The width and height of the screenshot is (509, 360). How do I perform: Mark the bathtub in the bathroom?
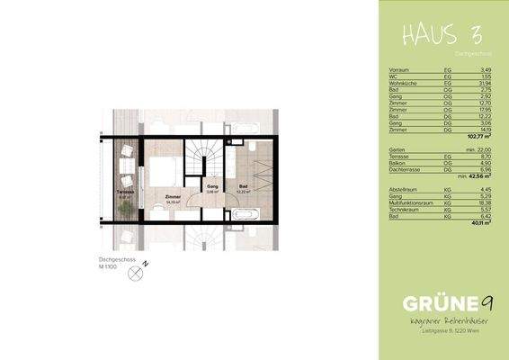[245, 216]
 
